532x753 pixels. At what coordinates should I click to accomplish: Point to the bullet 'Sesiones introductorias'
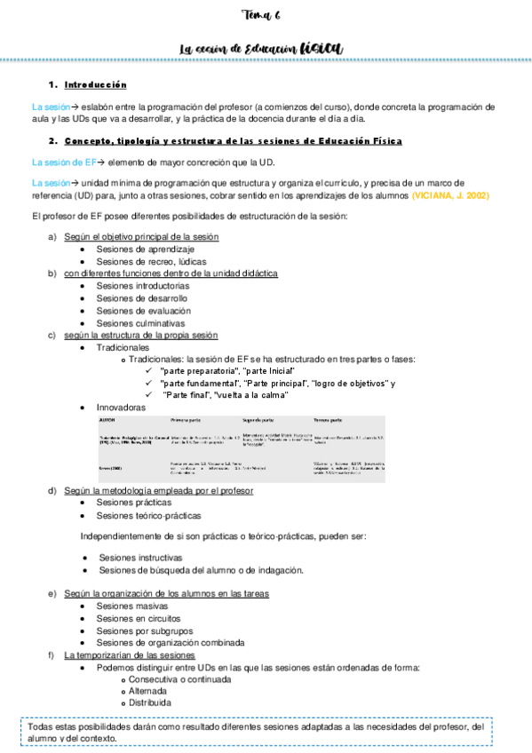143,287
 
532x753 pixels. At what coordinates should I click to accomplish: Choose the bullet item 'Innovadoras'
121,407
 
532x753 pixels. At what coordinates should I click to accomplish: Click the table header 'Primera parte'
187,417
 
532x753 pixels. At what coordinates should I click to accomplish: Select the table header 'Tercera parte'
330,417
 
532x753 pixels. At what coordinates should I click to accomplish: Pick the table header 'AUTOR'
108,417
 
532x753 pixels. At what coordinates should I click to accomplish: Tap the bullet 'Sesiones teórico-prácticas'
148,515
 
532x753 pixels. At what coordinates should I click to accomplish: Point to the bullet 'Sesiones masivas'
132,606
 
